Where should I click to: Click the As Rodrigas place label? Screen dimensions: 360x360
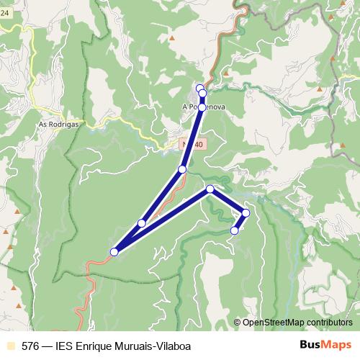click(x=57, y=124)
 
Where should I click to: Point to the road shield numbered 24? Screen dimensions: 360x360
click(x=4, y=22)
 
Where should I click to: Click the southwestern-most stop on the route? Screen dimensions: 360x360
click(x=114, y=252)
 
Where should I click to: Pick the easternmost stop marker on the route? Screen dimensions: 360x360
click(x=246, y=212)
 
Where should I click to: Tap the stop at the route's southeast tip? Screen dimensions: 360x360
click(x=235, y=230)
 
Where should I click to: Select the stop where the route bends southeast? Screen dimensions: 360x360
click(x=210, y=189)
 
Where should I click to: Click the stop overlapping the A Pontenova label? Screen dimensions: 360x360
click(x=202, y=107)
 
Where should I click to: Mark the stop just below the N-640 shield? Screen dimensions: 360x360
click(x=182, y=169)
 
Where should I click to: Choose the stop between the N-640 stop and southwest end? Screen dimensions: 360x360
click(x=142, y=223)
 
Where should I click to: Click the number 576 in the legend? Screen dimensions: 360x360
click(x=30, y=346)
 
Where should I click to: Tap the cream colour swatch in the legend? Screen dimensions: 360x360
click(x=9, y=346)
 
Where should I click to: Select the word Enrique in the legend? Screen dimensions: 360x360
click(x=98, y=346)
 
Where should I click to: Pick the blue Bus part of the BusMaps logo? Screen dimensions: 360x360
click(x=311, y=346)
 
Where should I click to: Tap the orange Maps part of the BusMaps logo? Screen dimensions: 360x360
click(x=338, y=346)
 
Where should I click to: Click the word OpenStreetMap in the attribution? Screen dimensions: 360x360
click(x=274, y=322)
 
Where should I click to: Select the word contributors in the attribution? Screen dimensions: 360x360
click(x=329, y=322)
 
